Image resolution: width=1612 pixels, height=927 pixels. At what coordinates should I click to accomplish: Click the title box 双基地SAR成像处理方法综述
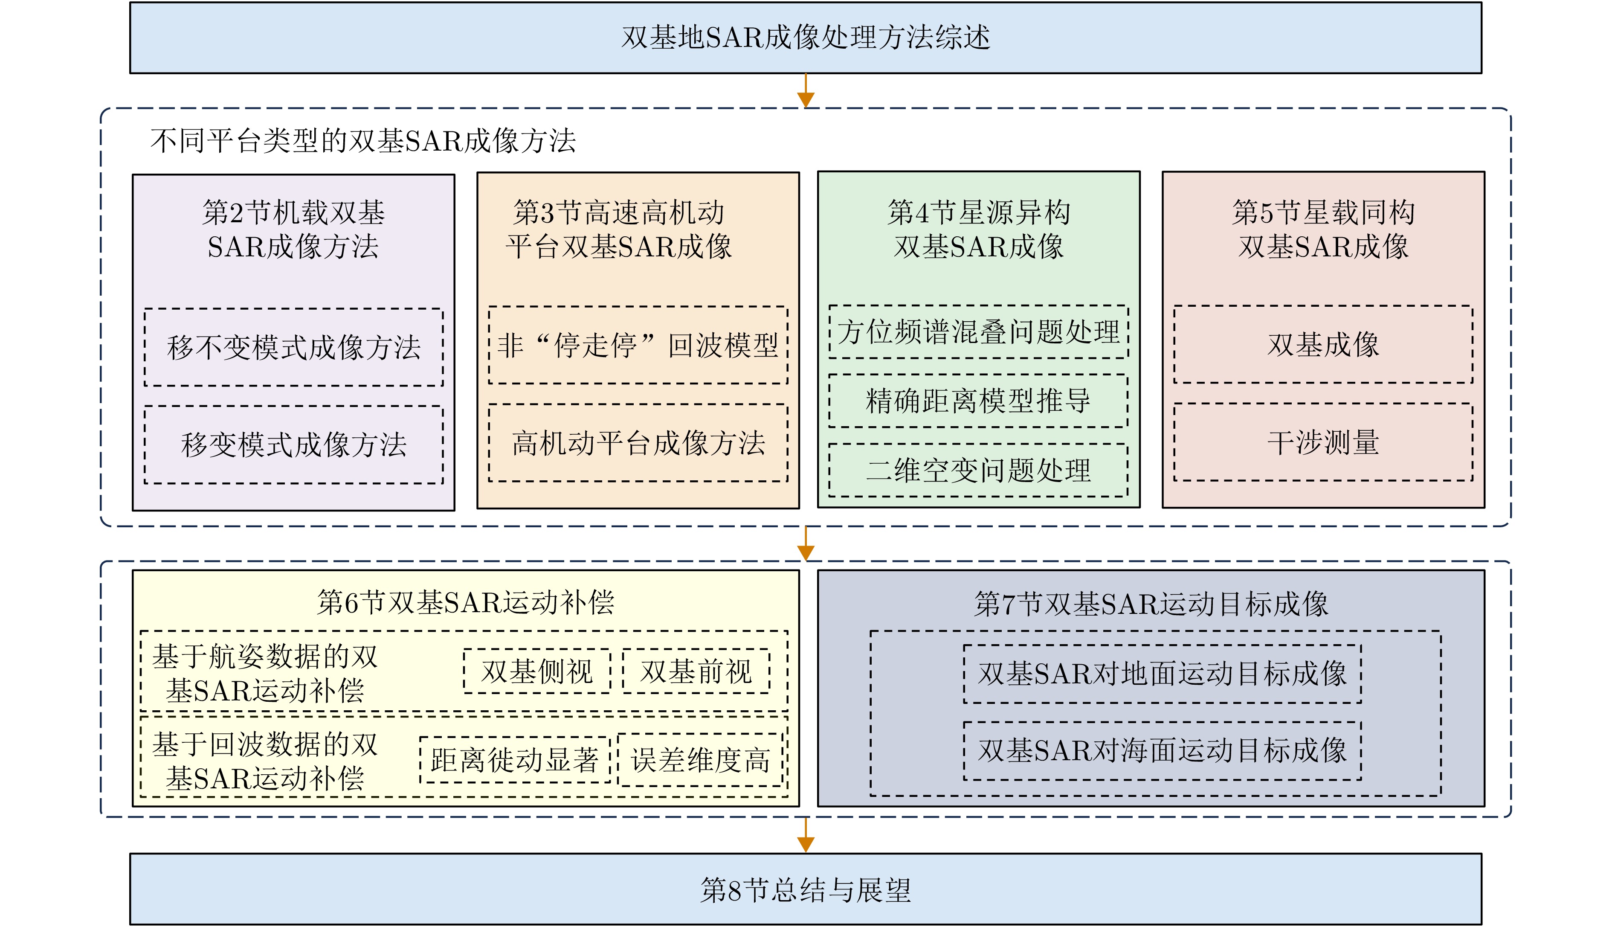pyautogui.click(x=806, y=38)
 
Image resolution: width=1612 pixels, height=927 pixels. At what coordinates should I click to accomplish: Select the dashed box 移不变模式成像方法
pyautogui.click(x=293, y=348)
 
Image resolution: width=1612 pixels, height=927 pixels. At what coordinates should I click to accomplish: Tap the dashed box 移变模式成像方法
pyautogui.click(x=293, y=445)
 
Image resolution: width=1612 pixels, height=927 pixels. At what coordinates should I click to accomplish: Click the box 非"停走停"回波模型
pyautogui.click(x=638, y=346)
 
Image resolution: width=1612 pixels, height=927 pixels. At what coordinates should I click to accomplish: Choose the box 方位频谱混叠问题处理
pyautogui.click(x=978, y=332)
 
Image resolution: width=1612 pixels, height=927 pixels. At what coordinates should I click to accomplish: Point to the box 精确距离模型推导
pyautogui.click(x=978, y=401)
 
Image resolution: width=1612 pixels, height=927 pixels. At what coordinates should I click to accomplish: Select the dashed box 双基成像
pyautogui.click(x=1323, y=344)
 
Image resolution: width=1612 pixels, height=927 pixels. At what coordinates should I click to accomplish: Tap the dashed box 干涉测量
pyautogui.click(x=1323, y=442)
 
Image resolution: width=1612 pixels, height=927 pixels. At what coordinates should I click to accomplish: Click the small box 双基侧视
pyautogui.click(x=537, y=671)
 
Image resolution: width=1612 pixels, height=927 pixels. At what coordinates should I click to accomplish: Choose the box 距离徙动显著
pyautogui.click(x=514, y=759)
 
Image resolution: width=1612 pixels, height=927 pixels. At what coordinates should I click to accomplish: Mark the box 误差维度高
pyautogui.click(x=700, y=759)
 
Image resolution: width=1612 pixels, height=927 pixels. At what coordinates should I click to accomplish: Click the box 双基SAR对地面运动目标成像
pyautogui.click(x=1162, y=674)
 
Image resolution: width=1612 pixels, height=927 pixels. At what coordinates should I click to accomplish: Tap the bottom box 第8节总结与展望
pyautogui.click(x=806, y=889)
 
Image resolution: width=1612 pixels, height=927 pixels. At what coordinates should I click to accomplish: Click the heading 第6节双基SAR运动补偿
pyautogui.click(x=465, y=602)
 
